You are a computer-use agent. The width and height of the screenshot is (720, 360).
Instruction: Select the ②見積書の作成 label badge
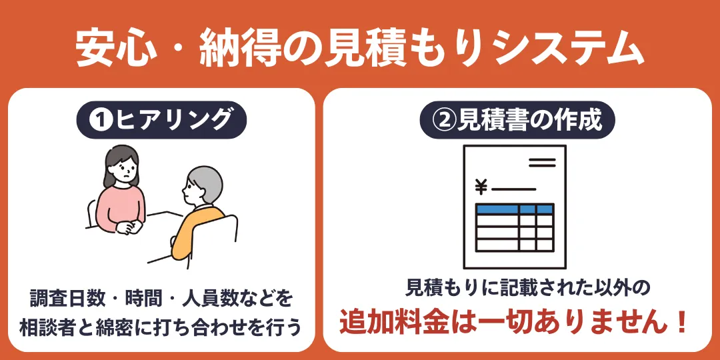[517, 120]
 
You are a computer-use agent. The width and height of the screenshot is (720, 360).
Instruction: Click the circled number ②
[445, 120]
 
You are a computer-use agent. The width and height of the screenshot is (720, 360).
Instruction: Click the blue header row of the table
[515, 209]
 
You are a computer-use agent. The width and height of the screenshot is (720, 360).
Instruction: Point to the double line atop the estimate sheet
[541, 163]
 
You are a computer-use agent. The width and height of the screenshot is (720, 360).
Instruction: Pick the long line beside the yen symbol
[513, 189]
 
